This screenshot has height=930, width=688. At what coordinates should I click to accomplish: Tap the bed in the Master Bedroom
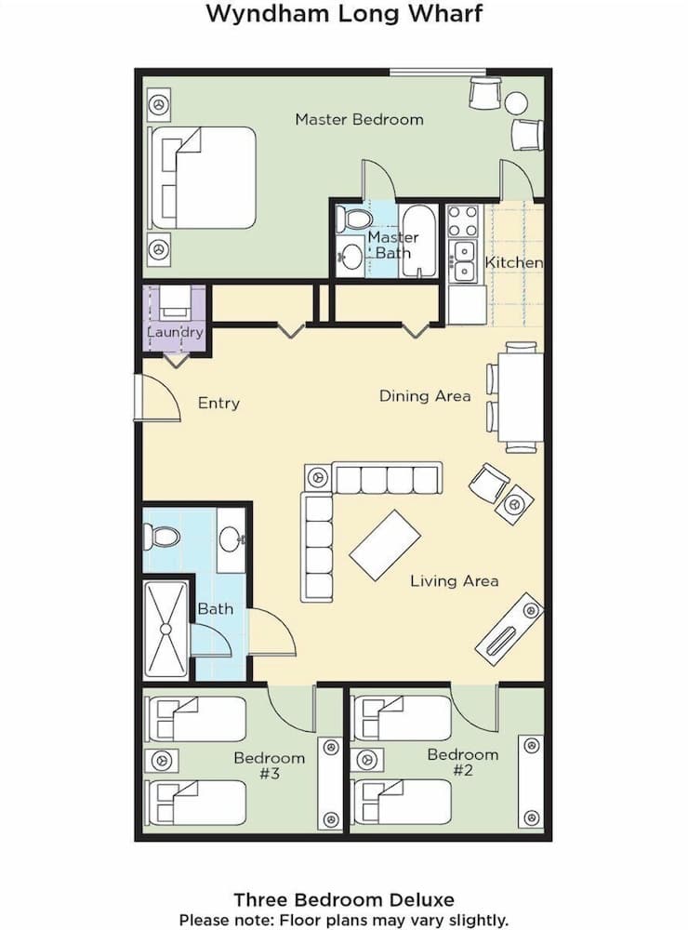(203, 178)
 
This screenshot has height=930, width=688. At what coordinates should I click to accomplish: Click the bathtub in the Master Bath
(419, 241)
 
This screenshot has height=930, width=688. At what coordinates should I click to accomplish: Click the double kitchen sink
(462, 261)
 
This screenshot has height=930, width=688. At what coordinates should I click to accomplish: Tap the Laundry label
(175, 332)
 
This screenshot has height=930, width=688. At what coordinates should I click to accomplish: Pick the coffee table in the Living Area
(385, 544)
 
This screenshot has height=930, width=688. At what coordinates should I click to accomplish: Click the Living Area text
(455, 581)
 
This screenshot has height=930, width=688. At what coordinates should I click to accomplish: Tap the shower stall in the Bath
(166, 629)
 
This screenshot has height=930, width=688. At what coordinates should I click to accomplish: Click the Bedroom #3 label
(269, 765)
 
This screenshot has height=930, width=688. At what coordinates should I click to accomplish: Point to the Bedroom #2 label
(462, 763)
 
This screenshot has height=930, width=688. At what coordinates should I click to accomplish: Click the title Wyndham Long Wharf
(344, 14)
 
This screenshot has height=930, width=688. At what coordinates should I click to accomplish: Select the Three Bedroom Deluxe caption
(344, 899)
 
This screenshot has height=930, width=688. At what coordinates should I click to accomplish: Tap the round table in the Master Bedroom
(516, 102)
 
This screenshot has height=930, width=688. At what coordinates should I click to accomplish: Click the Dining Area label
(425, 396)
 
